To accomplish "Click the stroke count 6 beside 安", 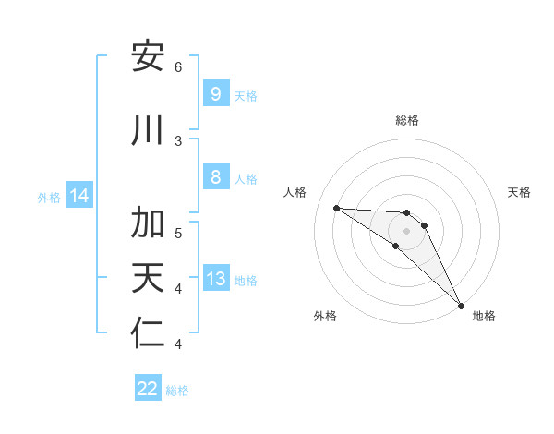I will tap(178, 66).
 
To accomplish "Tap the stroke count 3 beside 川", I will tap(178, 140).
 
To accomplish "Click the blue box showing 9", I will tap(215, 93).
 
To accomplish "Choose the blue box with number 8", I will tap(215, 177).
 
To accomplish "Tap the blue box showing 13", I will tap(215, 279).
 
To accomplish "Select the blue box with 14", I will tap(78, 196).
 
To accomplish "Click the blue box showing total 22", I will tap(148, 389).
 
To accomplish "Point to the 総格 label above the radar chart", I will tap(407, 120).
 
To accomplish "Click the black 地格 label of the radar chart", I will tap(484, 316).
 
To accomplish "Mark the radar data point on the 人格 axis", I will tap(336, 208).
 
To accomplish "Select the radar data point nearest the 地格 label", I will tap(462, 305).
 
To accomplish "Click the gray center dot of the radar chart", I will tap(407, 231).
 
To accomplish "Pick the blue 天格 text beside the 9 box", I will tap(246, 95).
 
